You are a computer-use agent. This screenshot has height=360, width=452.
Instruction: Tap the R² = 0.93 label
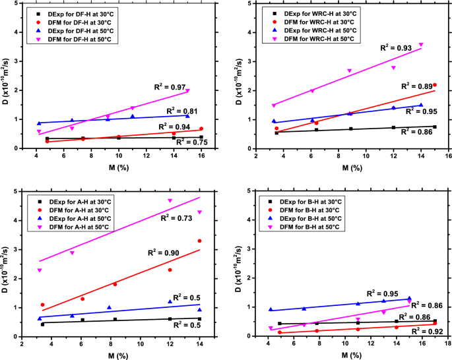pyautogui.click(x=396, y=47)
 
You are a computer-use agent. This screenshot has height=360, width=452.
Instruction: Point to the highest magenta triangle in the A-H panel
pyautogui.click(x=170, y=200)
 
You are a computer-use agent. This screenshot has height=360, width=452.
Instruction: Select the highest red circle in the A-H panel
pyautogui.click(x=199, y=241)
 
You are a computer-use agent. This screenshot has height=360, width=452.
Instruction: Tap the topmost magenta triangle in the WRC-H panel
pyautogui.click(x=421, y=45)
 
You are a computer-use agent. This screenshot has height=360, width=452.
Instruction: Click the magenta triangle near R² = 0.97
pyautogui.click(x=187, y=91)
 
